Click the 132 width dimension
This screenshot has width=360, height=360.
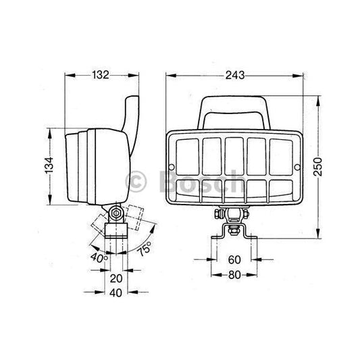coord(100,75)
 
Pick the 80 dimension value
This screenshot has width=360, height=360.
coord(233,274)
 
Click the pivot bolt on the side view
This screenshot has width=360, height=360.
coord(116,215)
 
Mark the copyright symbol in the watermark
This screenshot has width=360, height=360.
coord(136,180)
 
